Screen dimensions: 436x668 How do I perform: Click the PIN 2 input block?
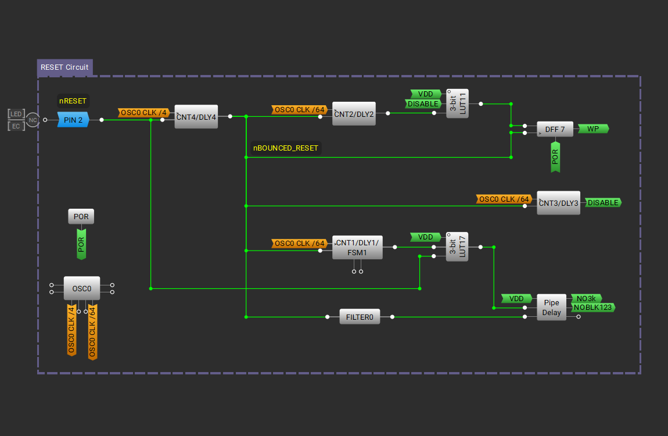pyautogui.click(x=73, y=120)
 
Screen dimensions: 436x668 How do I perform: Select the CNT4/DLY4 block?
pyautogui.click(x=196, y=117)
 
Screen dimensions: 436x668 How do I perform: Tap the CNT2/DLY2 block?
pyautogui.click(x=354, y=113)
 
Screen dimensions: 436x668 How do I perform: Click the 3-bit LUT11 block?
pyautogui.click(x=457, y=104)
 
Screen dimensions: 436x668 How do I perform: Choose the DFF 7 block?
pyautogui.click(x=555, y=129)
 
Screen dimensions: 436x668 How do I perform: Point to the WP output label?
pyautogui.click(x=592, y=129)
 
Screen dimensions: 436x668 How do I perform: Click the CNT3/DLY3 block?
pyautogui.click(x=558, y=203)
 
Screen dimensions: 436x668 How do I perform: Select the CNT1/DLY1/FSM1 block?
pyautogui.click(x=357, y=248)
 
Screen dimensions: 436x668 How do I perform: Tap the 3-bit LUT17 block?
pyautogui.click(x=457, y=247)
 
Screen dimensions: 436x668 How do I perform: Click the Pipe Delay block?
pyautogui.click(x=551, y=308)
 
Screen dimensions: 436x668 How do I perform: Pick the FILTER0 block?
pyautogui.click(x=360, y=317)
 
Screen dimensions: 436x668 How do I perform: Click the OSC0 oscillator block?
pyautogui.click(x=81, y=288)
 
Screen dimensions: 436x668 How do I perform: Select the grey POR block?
pyautogui.click(x=81, y=217)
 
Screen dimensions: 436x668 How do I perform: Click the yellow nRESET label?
pyautogui.click(x=73, y=101)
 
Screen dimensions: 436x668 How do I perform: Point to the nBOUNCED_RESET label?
pyautogui.click(x=286, y=148)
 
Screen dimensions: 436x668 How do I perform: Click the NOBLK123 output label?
pyautogui.click(x=592, y=308)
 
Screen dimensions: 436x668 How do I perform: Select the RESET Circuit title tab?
pyautogui.click(x=64, y=67)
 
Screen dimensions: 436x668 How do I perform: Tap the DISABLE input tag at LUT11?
pyautogui.click(x=423, y=104)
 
